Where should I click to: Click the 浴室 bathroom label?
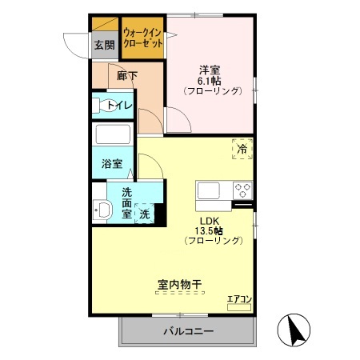111,164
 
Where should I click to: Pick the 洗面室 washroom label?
127,203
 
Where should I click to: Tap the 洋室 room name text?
210,69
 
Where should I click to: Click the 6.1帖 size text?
210,80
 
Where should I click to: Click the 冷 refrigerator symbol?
241,148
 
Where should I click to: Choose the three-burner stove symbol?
242,190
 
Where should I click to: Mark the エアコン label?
239,299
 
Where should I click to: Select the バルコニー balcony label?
189,330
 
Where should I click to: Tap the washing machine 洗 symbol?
145,214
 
